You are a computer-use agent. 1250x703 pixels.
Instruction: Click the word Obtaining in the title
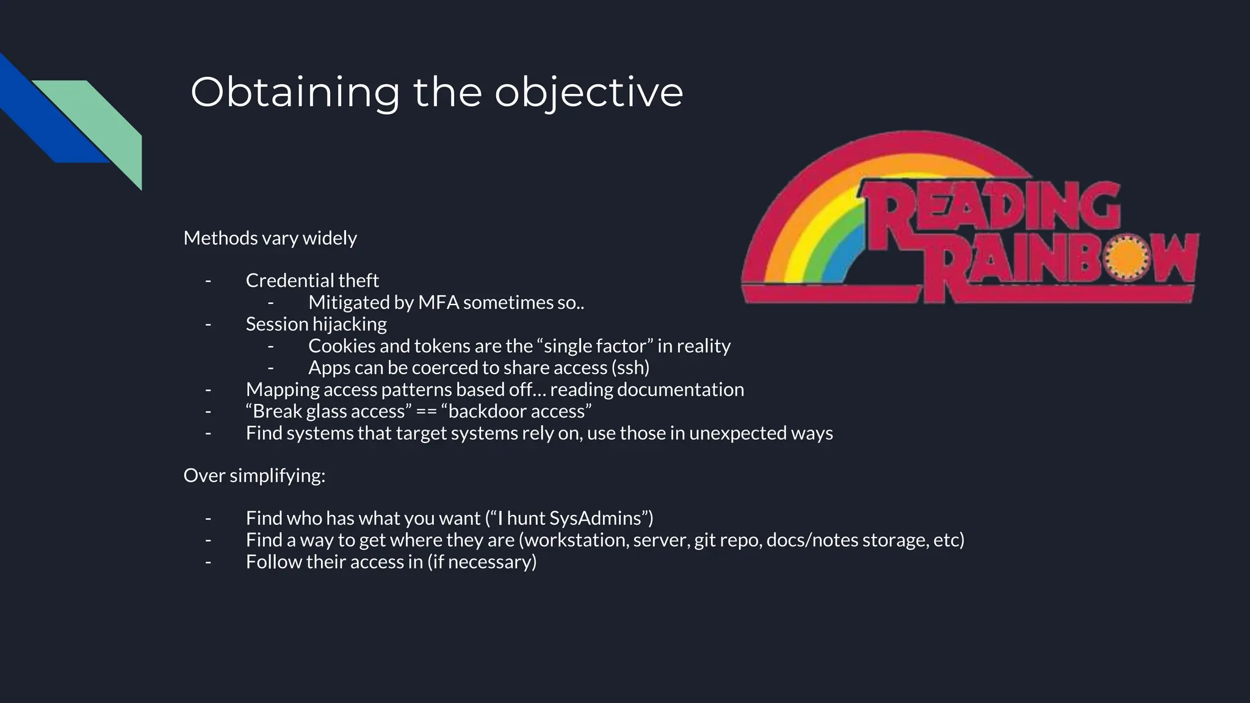(295, 93)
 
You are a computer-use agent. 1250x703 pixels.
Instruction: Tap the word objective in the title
(588, 93)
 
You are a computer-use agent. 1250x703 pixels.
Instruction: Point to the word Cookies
(341, 346)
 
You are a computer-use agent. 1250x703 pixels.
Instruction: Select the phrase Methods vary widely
(270, 238)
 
